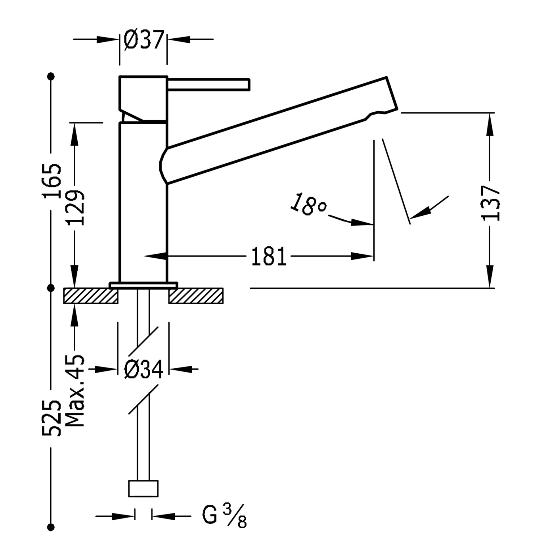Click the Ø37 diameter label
144,39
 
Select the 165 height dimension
51,181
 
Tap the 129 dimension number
76,208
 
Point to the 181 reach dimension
268,257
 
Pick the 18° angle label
308,205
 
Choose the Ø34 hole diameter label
143,369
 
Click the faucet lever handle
209,84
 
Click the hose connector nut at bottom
143,489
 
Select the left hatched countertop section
91,296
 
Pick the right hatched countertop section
196,296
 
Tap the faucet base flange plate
143,285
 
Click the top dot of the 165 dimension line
51,76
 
